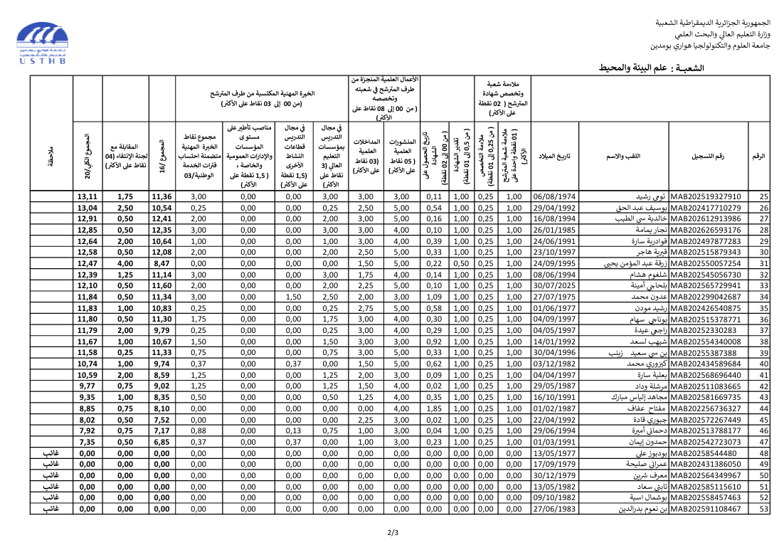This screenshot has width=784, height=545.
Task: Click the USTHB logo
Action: pyautogui.click(x=43, y=43)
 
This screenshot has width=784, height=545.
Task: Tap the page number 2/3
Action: pyautogui.click(x=393, y=531)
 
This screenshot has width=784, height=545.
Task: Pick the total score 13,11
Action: pyautogui.click(x=88, y=196)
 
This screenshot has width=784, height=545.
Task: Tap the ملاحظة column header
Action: pyautogui.click(x=51, y=154)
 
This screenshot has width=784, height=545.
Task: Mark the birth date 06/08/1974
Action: pyautogui.click(x=555, y=196)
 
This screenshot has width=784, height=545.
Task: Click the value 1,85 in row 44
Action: pyautogui.click(x=434, y=408)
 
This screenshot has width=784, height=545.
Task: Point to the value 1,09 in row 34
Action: pyautogui.click(x=434, y=297)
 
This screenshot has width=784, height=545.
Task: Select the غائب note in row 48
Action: pyautogui.click(x=51, y=453)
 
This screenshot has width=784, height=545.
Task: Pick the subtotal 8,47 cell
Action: pyautogui.click(x=161, y=263)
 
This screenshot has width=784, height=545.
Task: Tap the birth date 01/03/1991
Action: pyautogui.click(x=555, y=442)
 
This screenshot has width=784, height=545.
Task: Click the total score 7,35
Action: pyautogui.click(x=88, y=442)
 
